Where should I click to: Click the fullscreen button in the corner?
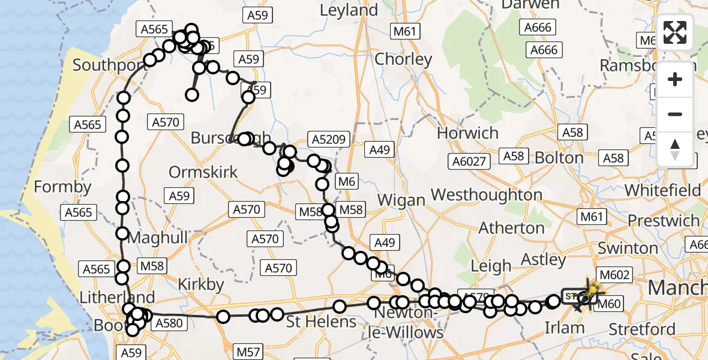[675, 32]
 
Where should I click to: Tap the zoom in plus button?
[675, 79]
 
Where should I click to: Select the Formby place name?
[62, 187]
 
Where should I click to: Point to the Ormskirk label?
[203, 172]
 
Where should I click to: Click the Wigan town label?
[401, 200]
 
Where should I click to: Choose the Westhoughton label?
[487, 195]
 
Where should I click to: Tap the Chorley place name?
[403, 59]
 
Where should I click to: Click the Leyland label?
[349, 10]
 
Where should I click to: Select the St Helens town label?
[321, 322]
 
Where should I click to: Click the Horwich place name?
[468, 133]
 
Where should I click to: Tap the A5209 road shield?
[328, 140]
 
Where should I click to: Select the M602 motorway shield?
[614, 275]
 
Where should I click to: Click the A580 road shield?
[167, 323]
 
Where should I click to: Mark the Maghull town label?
[151, 238]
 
